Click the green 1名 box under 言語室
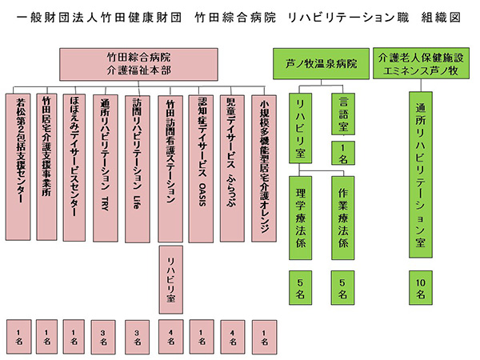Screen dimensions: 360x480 tap(343, 151)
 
